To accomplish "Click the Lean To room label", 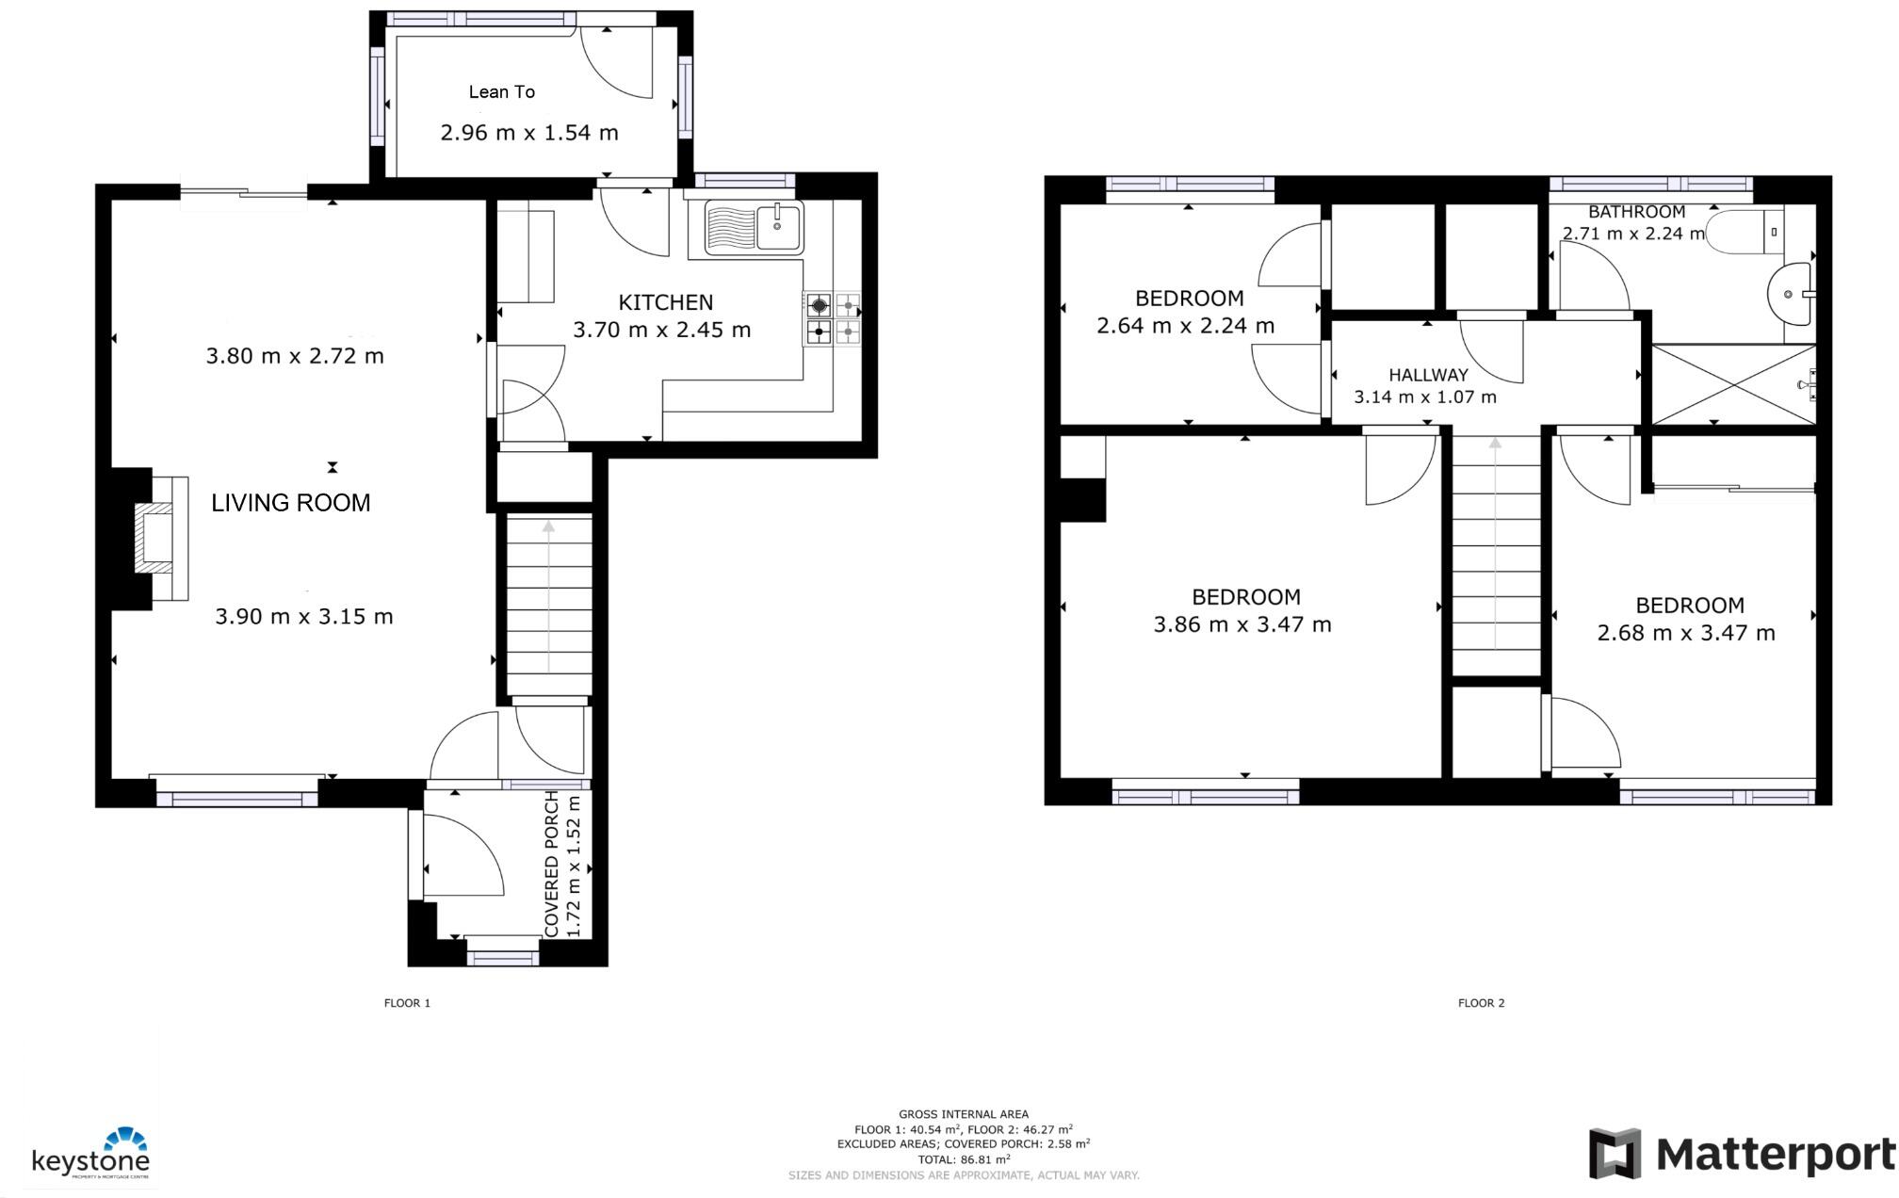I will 501,91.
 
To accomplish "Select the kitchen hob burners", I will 833,317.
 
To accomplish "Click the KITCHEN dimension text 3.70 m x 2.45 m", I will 661,330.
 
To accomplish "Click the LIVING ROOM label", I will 290,503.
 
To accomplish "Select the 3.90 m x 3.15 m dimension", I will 303,617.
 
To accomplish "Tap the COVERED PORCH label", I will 552,864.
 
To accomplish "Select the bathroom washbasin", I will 1789,294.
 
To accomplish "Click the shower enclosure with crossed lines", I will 1731,384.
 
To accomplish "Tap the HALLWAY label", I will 1428,375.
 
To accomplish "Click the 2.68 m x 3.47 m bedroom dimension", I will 1685,633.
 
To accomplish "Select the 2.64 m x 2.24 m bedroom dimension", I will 1185,326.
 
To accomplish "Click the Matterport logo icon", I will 1615,1153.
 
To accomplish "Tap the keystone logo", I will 91,1155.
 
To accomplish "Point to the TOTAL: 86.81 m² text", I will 964,1159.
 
